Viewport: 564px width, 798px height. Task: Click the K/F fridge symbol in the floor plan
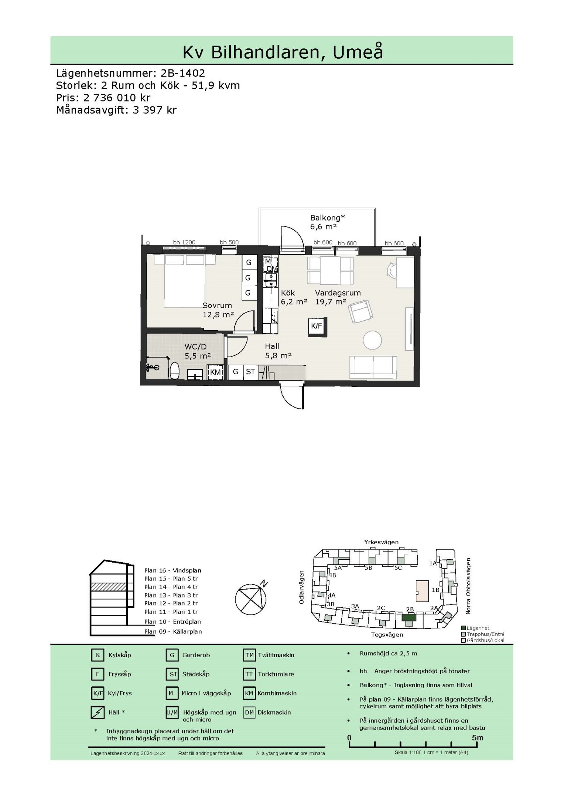[317, 327]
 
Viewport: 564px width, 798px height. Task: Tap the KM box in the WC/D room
[215, 372]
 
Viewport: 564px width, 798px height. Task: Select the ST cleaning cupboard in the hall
[250, 372]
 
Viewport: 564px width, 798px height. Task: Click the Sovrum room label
[217, 306]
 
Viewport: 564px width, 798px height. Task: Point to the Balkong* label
[327, 218]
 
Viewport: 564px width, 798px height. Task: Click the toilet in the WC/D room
[174, 371]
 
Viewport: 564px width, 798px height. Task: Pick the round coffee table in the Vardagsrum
[372, 340]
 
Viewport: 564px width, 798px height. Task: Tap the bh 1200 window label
[184, 242]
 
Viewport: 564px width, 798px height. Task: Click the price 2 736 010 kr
[117, 98]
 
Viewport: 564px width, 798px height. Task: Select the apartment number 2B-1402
[183, 73]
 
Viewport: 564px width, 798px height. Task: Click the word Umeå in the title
[358, 52]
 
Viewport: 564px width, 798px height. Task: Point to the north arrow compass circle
[250, 600]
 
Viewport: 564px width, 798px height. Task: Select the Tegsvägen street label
[387, 635]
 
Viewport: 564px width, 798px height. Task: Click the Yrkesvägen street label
[382, 542]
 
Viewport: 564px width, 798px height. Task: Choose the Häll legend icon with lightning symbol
[98, 713]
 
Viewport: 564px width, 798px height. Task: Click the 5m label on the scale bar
[478, 738]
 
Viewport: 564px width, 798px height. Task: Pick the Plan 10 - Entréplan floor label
[172, 622]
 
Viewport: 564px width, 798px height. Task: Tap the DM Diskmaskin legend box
[249, 713]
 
